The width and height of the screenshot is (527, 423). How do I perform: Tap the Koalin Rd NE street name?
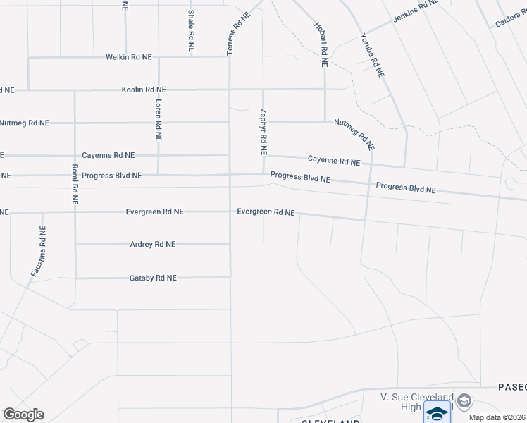(144, 90)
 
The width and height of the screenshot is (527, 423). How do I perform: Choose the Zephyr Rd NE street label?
(263, 131)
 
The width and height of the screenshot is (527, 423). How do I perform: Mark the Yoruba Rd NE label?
(372, 54)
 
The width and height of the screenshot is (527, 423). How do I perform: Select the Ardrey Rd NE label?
(152, 244)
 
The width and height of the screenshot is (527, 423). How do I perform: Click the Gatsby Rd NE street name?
(152, 278)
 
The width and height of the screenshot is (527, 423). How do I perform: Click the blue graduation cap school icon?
(437, 414)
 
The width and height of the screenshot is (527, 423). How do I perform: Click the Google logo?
(24, 415)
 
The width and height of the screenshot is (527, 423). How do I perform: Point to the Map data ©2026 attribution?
(497, 417)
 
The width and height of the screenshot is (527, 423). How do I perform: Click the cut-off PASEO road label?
(512, 387)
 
